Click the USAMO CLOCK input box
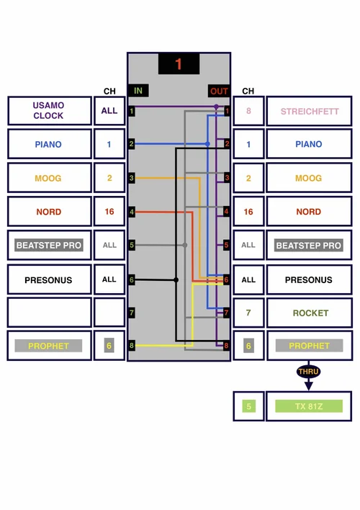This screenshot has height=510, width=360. [x=49, y=111]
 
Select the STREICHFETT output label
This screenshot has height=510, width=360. [x=309, y=112]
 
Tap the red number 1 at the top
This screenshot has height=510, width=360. [x=179, y=64]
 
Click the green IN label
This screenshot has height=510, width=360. [x=138, y=91]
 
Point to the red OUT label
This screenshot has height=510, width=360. [x=219, y=91]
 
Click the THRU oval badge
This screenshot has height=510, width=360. [x=308, y=372]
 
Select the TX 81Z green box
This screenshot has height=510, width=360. [x=309, y=406]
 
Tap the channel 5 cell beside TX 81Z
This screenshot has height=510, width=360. [x=248, y=406]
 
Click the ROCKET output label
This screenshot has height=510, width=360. [x=309, y=313]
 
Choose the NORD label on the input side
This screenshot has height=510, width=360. [x=49, y=212]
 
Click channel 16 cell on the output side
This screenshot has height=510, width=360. [x=248, y=212]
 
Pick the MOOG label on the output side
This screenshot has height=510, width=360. [x=309, y=178]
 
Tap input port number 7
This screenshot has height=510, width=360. [x=131, y=313]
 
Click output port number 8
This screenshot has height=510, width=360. [x=226, y=346]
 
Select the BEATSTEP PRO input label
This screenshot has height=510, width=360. [x=49, y=246]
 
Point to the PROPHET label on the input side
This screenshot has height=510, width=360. [x=49, y=346]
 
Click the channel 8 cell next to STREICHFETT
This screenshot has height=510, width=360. [x=248, y=112]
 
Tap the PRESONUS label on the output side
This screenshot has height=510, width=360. [x=309, y=279]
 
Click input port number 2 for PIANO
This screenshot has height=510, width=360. [x=131, y=144]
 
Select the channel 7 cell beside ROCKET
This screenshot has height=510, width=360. [x=248, y=313]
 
